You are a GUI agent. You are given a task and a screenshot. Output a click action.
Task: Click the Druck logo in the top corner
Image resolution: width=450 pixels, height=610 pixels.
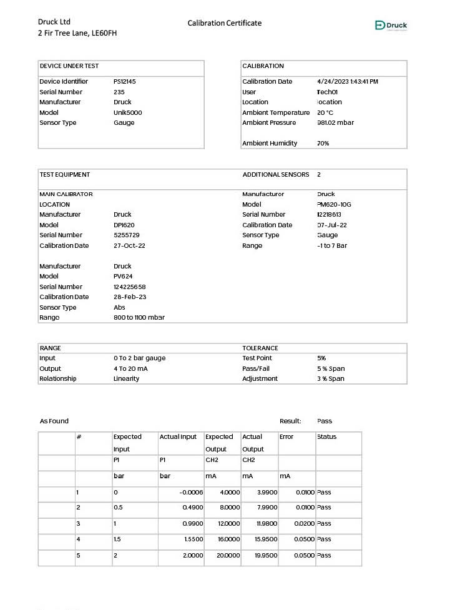point(391,26)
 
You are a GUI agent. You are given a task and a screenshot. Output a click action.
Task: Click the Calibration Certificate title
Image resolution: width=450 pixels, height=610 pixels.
point(225,23)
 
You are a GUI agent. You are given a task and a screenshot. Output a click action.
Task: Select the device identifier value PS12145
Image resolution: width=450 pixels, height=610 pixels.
point(125,82)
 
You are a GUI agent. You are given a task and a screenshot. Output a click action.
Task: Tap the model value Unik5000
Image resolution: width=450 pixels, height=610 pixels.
point(128,112)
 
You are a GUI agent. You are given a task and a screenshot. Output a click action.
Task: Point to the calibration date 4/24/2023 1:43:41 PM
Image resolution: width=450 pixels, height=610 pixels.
point(348,82)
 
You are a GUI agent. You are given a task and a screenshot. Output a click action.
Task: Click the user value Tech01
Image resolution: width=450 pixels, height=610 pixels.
point(327,92)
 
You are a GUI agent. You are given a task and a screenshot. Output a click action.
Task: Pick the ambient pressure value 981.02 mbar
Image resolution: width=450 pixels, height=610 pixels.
point(335,123)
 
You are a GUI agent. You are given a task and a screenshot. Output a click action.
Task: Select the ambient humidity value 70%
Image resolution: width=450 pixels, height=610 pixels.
point(323,144)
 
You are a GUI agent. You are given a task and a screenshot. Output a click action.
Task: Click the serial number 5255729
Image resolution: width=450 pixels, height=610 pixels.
point(127,235)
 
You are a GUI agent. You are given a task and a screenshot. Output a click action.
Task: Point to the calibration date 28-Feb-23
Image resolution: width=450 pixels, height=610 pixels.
point(130,297)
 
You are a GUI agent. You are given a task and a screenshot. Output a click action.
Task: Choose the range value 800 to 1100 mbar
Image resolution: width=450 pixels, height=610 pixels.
point(139,318)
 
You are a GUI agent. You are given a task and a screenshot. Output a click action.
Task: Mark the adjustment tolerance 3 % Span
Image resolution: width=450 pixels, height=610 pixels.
point(331,379)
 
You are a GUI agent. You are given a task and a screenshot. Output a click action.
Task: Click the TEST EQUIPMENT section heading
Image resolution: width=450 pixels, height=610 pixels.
point(65,175)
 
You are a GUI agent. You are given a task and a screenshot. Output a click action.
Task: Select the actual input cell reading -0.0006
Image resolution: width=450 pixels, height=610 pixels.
point(191,493)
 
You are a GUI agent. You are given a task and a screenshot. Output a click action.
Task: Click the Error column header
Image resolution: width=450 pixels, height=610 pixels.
point(286,437)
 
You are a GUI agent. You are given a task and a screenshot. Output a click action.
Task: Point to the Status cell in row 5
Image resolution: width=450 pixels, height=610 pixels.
point(324,556)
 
